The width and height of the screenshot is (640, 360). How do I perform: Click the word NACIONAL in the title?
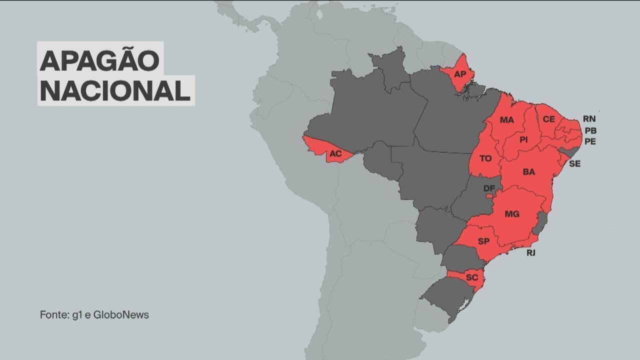(x=115, y=90)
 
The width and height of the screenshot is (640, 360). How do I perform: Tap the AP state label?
(x=460, y=74)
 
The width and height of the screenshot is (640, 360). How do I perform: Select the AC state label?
(x=335, y=154)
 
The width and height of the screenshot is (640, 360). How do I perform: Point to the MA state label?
(x=506, y=120)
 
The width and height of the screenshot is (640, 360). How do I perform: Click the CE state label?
(x=548, y=119)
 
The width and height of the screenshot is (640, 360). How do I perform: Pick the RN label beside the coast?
(x=589, y=119)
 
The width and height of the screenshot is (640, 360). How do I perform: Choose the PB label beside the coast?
(x=590, y=130)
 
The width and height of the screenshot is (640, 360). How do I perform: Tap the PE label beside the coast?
(x=590, y=141)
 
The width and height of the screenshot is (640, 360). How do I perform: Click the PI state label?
(x=523, y=140)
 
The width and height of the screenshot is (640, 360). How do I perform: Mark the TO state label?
(x=485, y=159)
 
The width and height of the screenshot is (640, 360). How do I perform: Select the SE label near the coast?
(x=575, y=163)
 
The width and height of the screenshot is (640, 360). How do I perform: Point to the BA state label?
(x=528, y=172)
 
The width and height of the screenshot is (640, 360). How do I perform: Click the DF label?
(x=489, y=188)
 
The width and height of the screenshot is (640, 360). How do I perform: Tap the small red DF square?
(x=489, y=196)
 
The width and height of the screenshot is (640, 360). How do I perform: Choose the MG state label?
(x=512, y=214)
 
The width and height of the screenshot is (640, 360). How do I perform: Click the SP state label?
(x=483, y=241)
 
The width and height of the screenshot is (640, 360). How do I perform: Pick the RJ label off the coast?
(x=531, y=253)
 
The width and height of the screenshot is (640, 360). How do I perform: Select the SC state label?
(x=471, y=277)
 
